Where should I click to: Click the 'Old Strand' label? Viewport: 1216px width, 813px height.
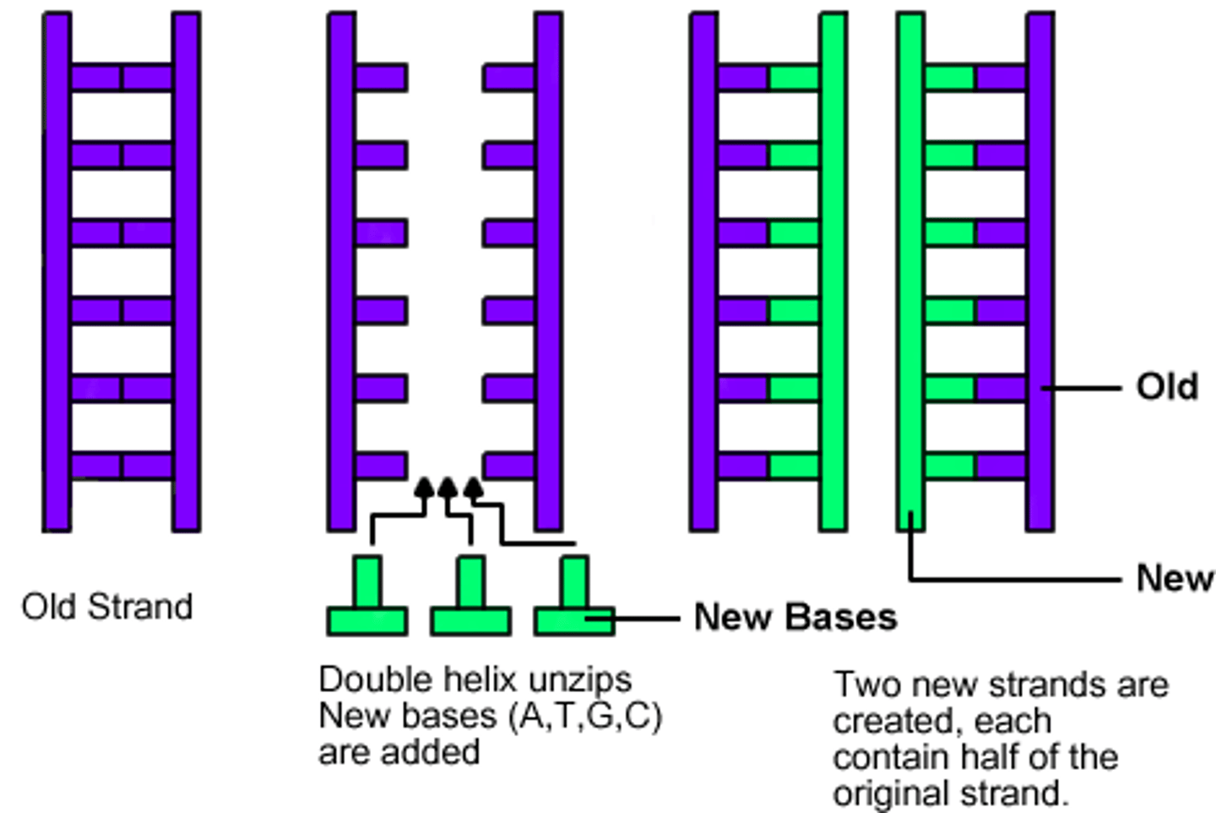107,607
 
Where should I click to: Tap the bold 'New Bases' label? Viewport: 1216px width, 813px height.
795,618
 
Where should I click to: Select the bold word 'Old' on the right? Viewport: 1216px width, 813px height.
1167,386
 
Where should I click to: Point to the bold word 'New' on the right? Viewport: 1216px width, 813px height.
1174,579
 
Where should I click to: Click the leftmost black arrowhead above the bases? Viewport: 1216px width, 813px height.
425,488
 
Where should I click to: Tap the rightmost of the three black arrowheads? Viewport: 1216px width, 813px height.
474,488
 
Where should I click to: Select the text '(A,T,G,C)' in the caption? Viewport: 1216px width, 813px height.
585,716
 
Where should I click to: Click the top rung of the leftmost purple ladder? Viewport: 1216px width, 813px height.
122,78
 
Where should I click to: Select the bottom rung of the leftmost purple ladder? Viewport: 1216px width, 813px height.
122,466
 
